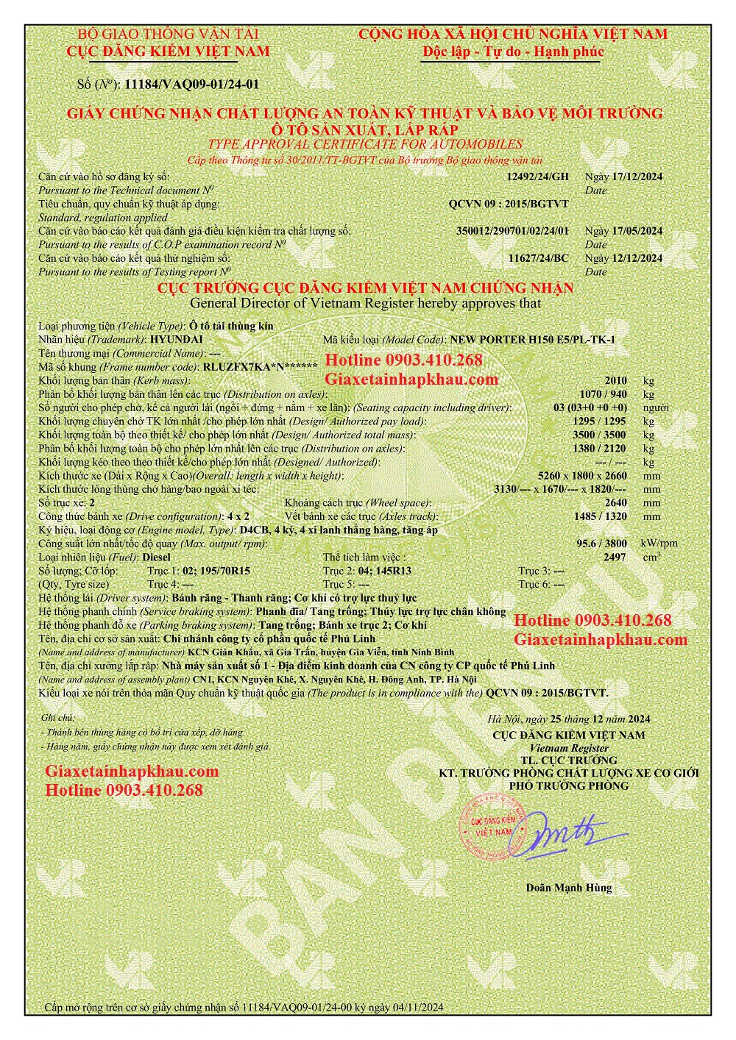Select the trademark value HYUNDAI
click(176, 339)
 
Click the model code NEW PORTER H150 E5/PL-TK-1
click(532, 339)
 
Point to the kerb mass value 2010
click(615, 380)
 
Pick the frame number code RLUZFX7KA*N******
click(260, 366)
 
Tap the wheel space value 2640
click(615, 503)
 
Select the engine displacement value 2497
click(614, 558)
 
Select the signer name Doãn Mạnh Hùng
click(568, 887)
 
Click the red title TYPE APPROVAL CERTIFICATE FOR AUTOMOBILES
click(365, 144)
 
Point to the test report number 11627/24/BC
click(539, 258)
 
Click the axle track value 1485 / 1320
click(601, 516)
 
